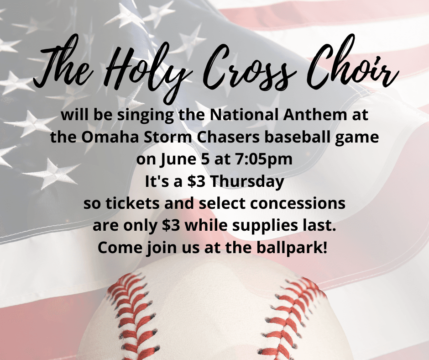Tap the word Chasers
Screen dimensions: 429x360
pos(228,137)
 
